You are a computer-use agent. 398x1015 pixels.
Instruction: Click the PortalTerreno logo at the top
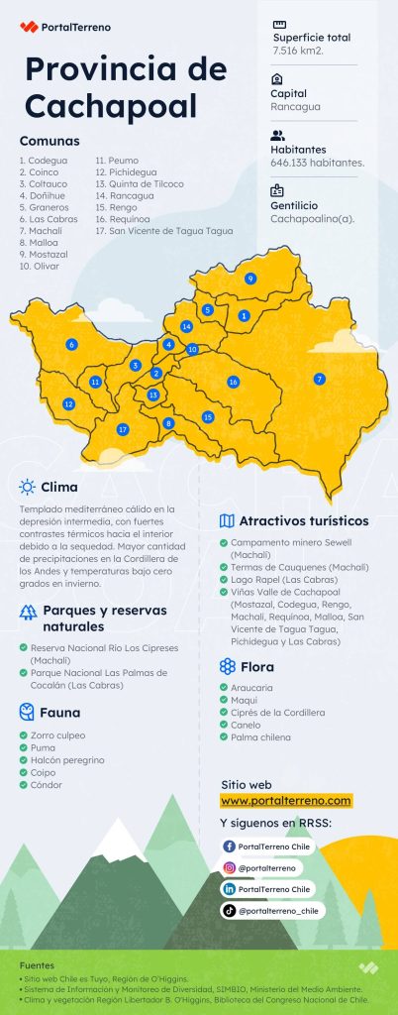(65, 28)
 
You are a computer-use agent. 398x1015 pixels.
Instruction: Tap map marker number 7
(319, 379)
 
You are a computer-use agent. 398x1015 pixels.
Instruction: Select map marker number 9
(250, 280)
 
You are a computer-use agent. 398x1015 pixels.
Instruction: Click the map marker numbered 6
(71, 344)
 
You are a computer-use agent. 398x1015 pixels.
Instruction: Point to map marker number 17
(123, 429)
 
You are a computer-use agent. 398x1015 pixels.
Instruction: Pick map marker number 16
(233, 382)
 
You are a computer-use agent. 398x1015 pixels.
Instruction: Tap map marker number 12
(68, 404)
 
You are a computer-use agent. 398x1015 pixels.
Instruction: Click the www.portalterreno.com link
(285, 800)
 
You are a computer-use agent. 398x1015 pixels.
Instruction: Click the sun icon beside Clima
(27, 487)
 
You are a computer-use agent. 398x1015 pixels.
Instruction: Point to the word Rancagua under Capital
(295, 106)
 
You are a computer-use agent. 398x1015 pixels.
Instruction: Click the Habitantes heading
(297, 149)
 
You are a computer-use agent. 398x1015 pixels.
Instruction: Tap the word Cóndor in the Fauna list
(46, 785)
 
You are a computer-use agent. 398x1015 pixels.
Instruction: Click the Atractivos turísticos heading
(304, 520)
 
